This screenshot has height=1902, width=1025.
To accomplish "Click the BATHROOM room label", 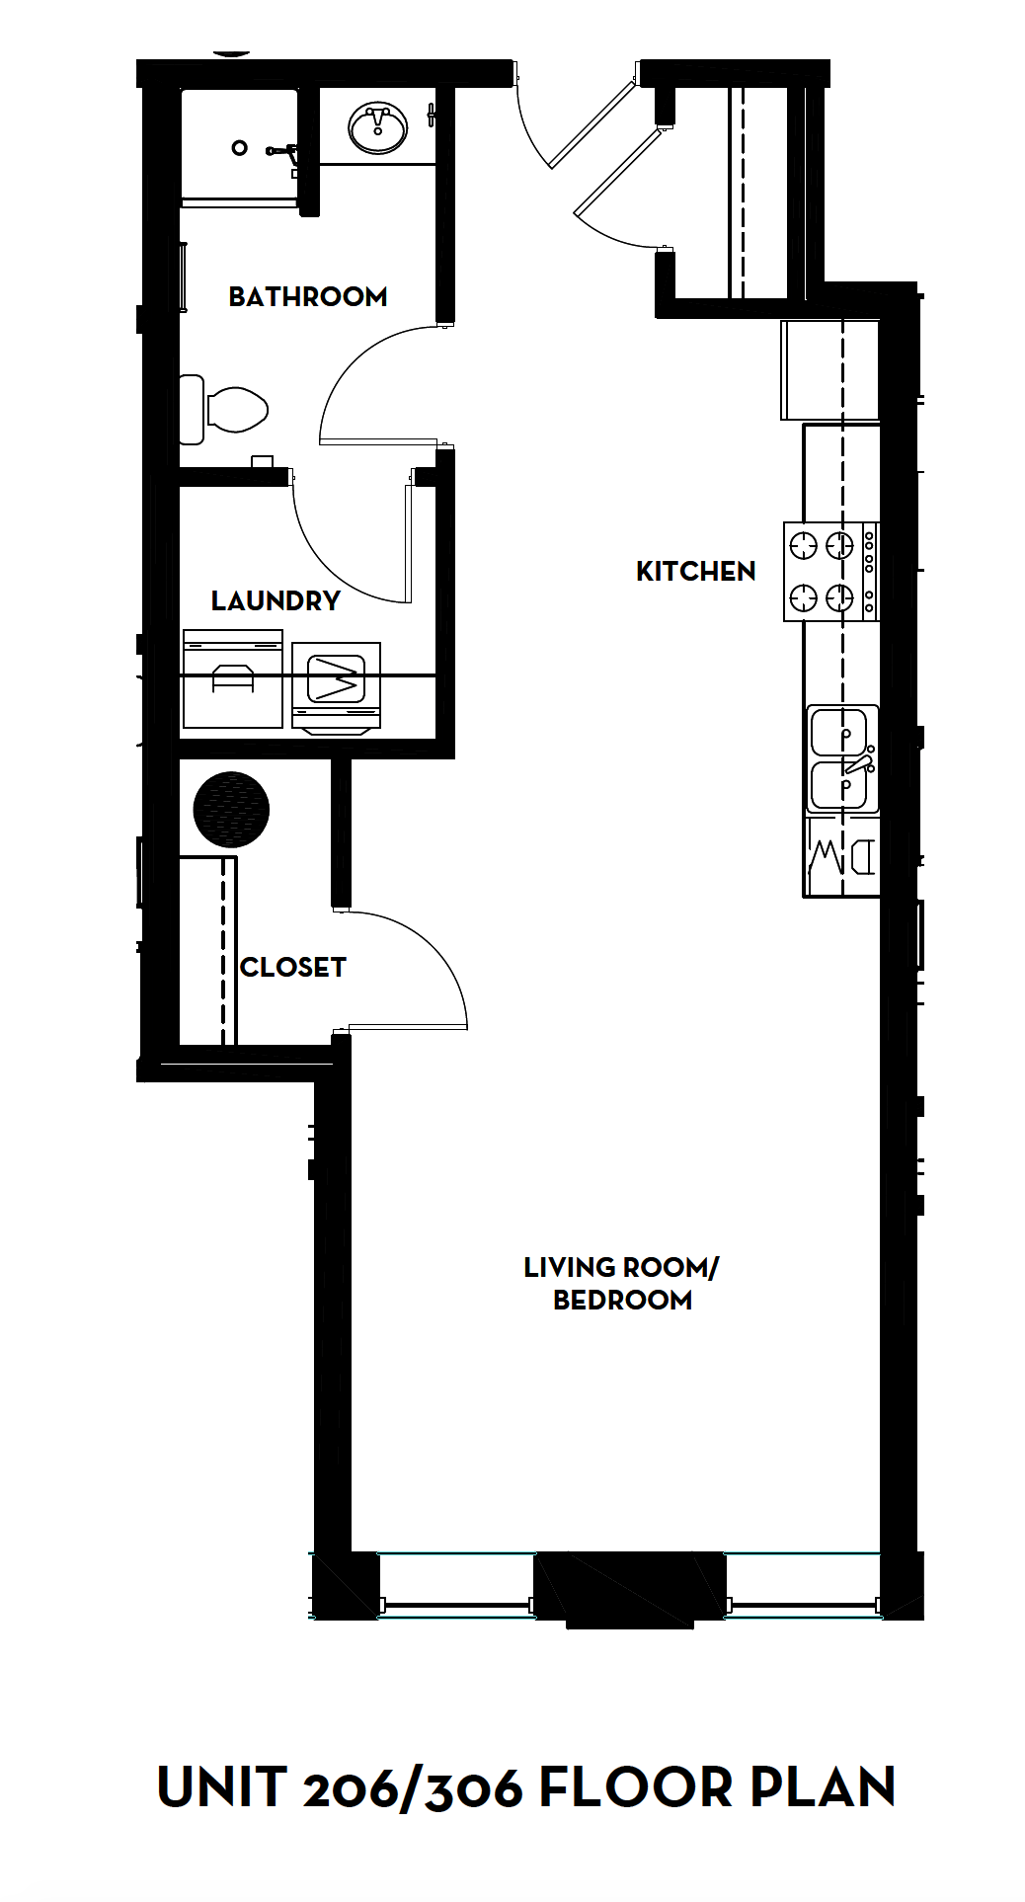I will (307, 296).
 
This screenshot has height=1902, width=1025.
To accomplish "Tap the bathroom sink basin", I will (378, 128).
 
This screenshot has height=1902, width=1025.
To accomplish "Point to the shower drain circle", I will (239, 148).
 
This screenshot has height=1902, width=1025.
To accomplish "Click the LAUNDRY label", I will (276, 600).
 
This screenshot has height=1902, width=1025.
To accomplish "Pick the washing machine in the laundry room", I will (233, 682).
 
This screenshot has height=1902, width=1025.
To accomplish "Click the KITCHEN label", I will (695, 571).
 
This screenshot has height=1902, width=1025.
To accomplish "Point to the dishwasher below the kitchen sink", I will (841, 856).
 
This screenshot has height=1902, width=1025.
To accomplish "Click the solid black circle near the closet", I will (231, 809).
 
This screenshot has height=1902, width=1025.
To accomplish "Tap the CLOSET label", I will (293, 967).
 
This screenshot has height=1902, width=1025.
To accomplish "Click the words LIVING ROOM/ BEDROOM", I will (621, 1283).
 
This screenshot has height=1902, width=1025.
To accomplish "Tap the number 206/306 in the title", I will (413, 1788).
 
